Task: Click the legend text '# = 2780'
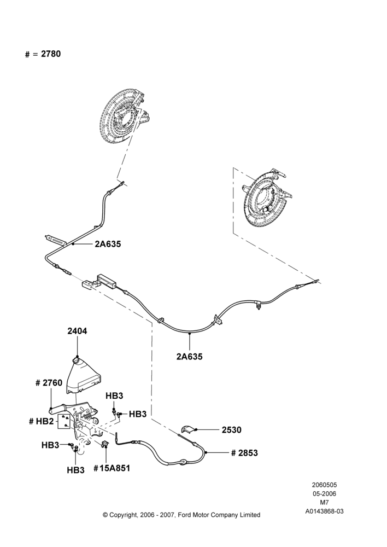[43, 54]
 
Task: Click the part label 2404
[77, 331]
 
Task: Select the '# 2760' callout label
[49, 383]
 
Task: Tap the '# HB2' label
[41, 421]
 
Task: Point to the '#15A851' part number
[112, 468]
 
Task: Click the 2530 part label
[232, 430]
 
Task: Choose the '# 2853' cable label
[244, 453]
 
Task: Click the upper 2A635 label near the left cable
[108, 244]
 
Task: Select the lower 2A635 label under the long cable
[189, 357]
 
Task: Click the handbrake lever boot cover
[83, 377]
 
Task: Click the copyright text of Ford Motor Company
[181, 515]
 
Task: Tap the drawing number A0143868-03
[324, 511]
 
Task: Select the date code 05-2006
[324, 493]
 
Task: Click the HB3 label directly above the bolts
[114, 396]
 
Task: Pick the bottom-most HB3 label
[75, 470]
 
